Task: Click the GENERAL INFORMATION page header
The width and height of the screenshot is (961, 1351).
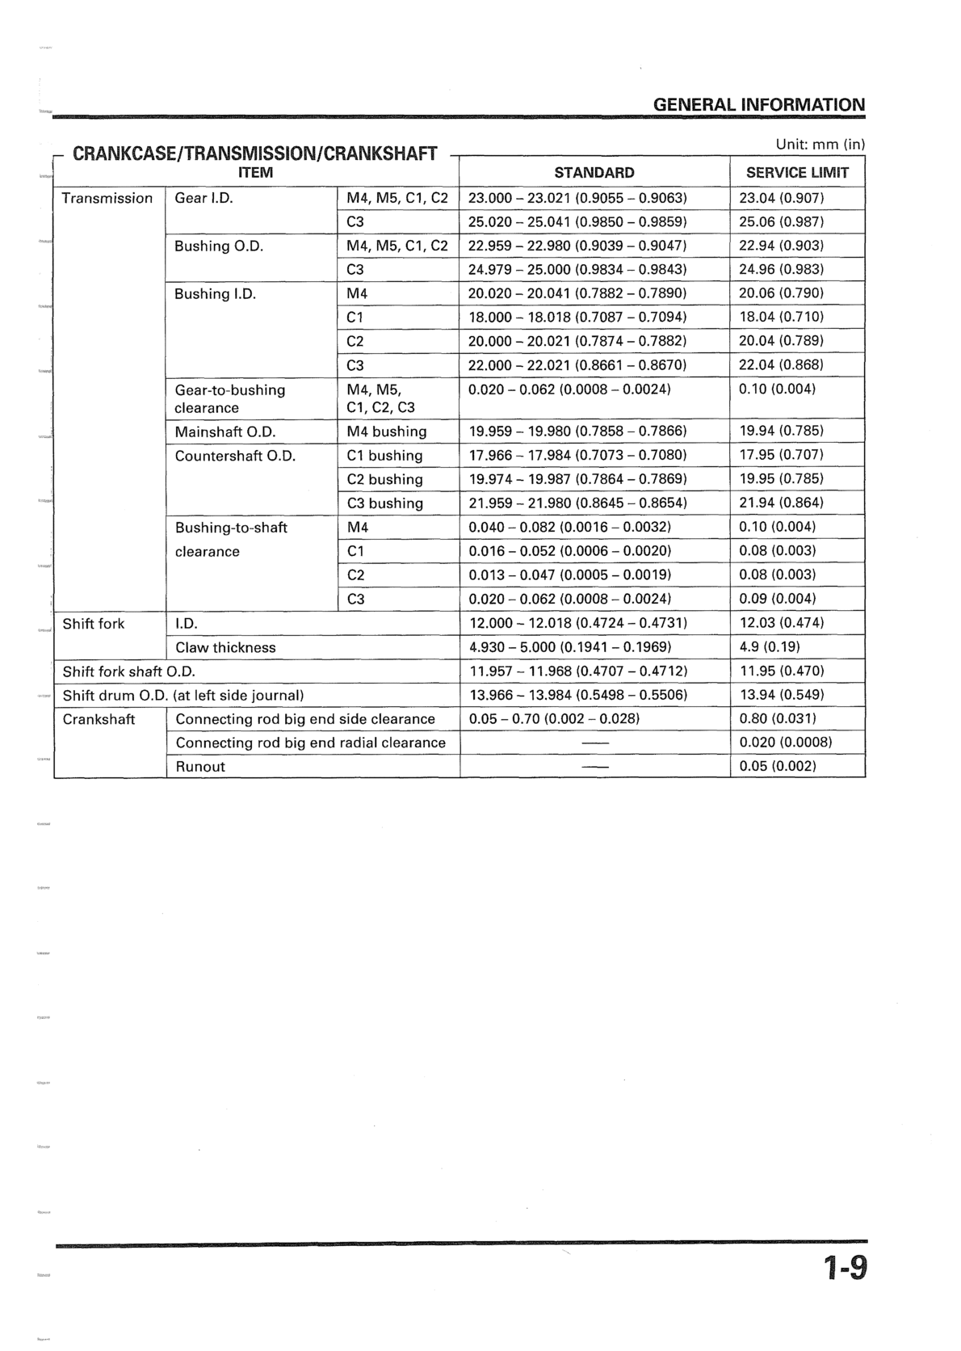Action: [758, 104]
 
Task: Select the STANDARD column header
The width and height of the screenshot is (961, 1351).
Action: [594, 172]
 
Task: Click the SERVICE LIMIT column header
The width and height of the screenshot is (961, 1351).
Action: [797, 172]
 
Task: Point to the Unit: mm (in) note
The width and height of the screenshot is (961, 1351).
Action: [820, 145]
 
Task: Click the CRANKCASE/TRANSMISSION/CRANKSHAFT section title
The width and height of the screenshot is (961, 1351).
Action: [255, 153]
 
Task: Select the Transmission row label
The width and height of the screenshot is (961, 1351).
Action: [107, 198]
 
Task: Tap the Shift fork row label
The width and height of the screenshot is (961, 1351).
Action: [94, 623]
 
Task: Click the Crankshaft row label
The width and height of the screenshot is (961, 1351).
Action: [99, 719]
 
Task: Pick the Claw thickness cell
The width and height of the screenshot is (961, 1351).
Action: [225, 647]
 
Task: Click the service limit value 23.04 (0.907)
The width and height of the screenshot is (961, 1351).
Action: [781, 198]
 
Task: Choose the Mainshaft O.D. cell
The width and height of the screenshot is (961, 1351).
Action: [225, 431]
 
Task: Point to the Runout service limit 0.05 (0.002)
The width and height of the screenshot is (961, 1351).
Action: [778, 766]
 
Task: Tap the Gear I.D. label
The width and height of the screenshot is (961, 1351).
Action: [204, 198]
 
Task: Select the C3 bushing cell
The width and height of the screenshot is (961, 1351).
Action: [384, 503]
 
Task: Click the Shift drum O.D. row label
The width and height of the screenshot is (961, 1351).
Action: [183, 695]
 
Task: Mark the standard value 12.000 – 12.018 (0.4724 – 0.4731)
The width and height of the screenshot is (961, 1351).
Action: [578, 623]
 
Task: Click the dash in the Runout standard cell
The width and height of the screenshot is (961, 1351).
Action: [595, 767]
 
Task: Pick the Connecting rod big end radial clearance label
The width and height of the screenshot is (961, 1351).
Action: [310, 743]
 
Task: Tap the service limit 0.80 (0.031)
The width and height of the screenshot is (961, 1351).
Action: [778, 718]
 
